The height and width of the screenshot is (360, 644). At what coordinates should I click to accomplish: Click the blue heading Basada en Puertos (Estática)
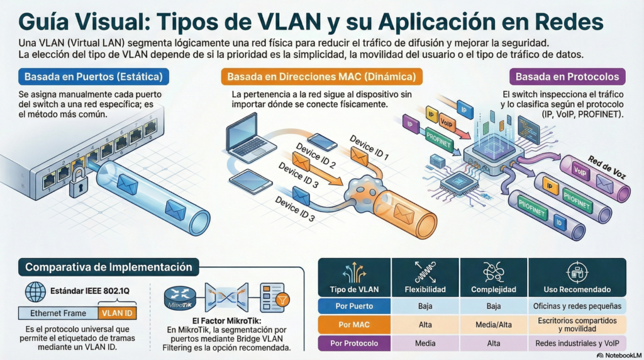(x=94, y=77)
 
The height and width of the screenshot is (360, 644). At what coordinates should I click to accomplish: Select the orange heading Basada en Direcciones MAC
(x=321, y=77)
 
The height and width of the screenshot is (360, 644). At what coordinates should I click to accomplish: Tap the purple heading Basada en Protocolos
(x=567, y=77)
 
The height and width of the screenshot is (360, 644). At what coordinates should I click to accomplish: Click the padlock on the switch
(x=79, y=185)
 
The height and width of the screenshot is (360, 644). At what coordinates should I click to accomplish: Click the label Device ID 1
(x=369, y=149)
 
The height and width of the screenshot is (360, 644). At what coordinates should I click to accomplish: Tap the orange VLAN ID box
(x=118, y=312)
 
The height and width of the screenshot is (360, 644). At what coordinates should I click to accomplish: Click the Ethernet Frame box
(x=58, y=312)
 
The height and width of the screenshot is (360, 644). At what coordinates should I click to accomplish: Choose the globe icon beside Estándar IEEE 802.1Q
(x=35, y=291)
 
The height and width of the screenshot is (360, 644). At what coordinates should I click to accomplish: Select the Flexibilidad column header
(x=426, y=290)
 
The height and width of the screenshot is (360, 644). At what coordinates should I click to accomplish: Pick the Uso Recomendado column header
(x=577, y=290)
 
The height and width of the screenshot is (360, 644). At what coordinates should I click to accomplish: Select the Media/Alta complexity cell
(x=494, y=325)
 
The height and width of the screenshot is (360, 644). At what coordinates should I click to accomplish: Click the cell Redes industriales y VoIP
(x=577, y=344)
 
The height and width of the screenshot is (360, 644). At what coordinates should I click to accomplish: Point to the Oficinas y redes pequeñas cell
(x=577, y=307)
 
